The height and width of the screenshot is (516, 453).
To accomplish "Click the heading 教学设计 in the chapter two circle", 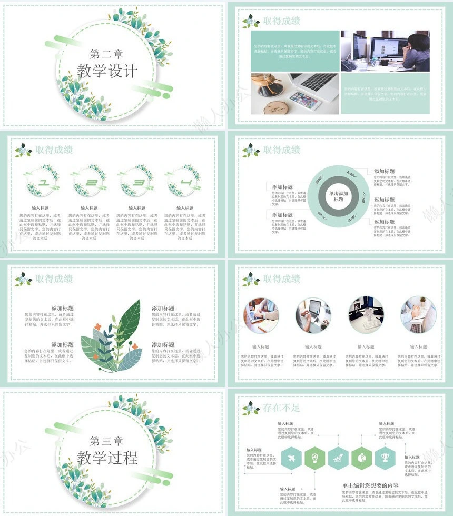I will coord(107,71).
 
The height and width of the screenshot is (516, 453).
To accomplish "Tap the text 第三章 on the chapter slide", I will coord(107,440).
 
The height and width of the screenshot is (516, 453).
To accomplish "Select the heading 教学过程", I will coord(107,457).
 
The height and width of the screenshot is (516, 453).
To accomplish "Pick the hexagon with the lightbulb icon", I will coord(314,459).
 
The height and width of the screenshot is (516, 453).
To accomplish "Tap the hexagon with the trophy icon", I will coord(385,459).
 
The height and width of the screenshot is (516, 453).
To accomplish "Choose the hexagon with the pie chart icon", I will coord(362,459).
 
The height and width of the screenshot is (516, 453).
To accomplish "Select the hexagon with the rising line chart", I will coord(338,459).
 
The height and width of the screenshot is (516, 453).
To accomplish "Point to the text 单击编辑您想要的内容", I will coord(370,485).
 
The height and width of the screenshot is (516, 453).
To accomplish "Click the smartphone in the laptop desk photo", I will coord(304,100).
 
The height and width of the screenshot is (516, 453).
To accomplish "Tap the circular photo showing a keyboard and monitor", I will coord(366,315).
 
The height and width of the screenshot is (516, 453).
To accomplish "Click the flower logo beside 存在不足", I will coord(251,408).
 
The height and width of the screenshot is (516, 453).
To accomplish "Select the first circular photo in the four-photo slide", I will coord(261,315).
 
